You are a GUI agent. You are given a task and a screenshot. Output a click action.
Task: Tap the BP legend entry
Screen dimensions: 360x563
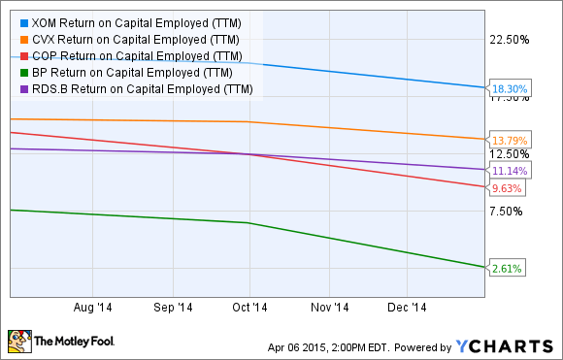131,72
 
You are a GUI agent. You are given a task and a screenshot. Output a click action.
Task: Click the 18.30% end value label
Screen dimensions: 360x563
508,88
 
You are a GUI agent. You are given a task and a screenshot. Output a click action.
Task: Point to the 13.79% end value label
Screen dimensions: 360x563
508,140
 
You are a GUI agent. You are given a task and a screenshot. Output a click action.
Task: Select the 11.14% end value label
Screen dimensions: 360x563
508,170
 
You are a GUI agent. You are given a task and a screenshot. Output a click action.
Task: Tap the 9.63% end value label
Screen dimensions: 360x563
506,187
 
